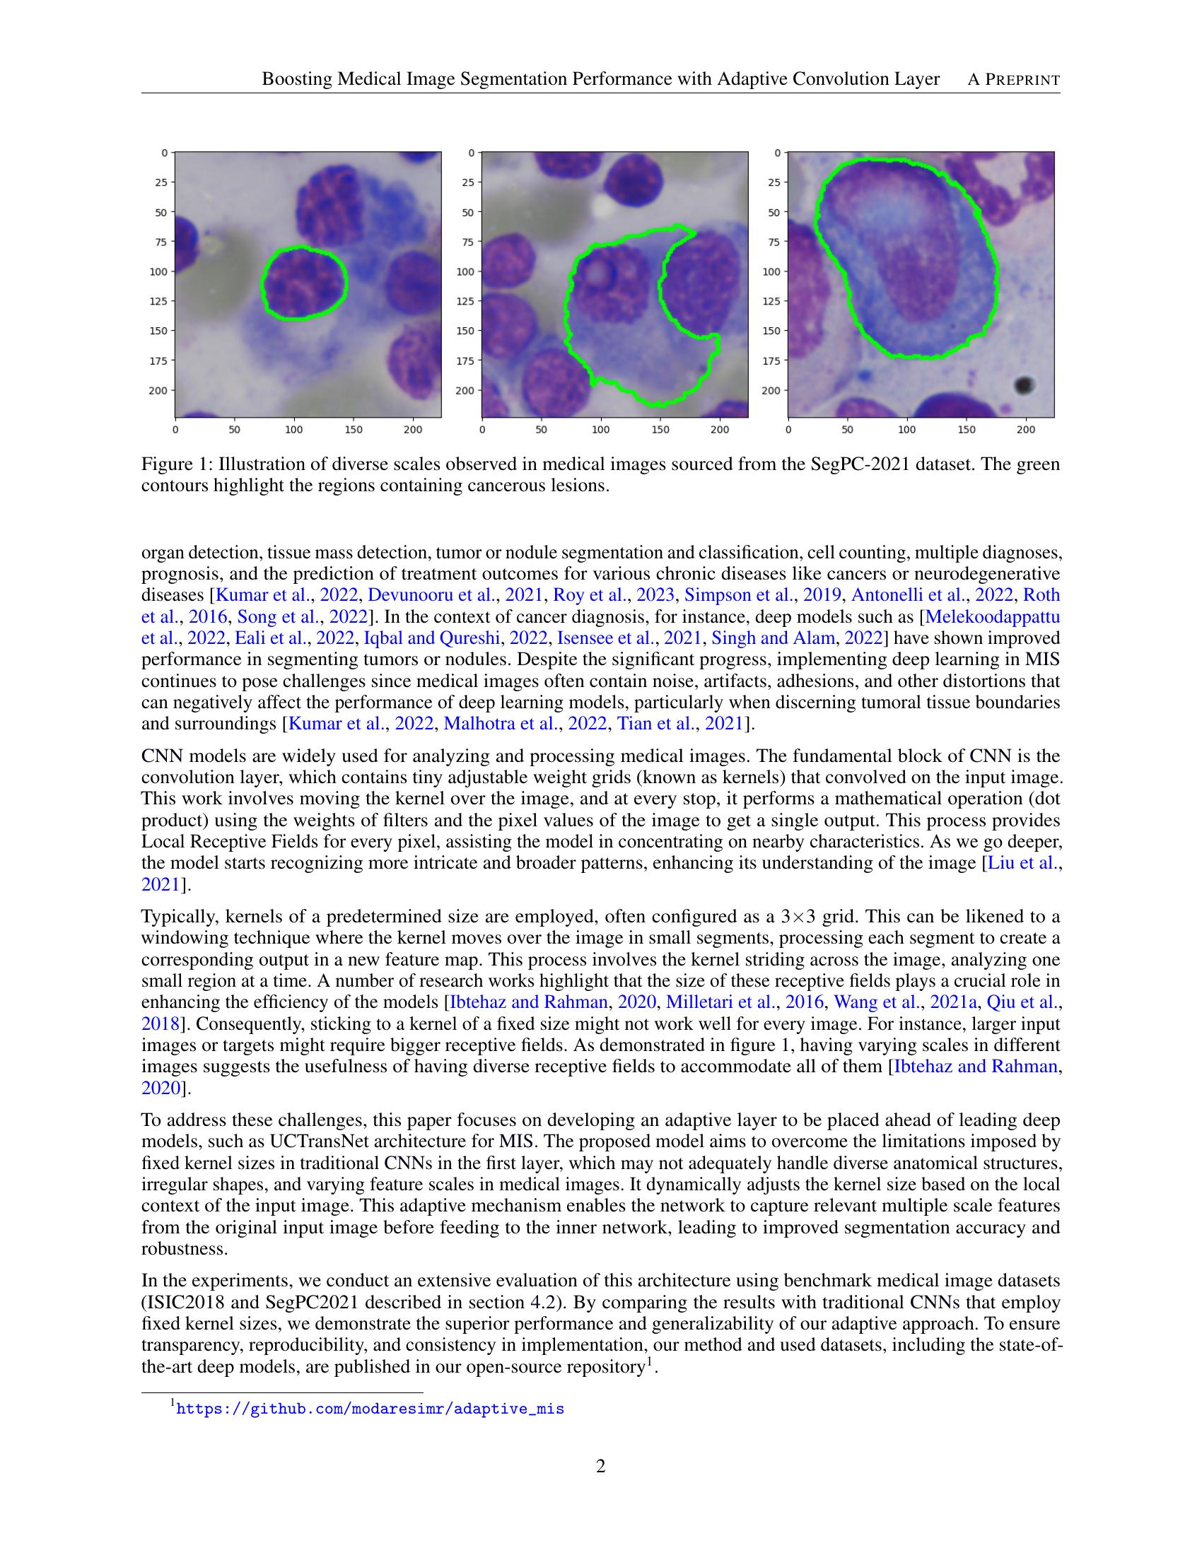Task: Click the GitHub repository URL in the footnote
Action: pos(370,1408)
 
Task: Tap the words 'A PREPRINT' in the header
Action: pos(1013,80)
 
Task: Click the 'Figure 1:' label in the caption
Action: pos(177,465)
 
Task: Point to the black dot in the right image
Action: pos(1024,385)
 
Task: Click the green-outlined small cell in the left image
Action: pos(304,283)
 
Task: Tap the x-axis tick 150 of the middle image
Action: pos(660,429)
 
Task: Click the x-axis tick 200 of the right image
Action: pos(1025,429)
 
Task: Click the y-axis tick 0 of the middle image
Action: pos(472,153)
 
